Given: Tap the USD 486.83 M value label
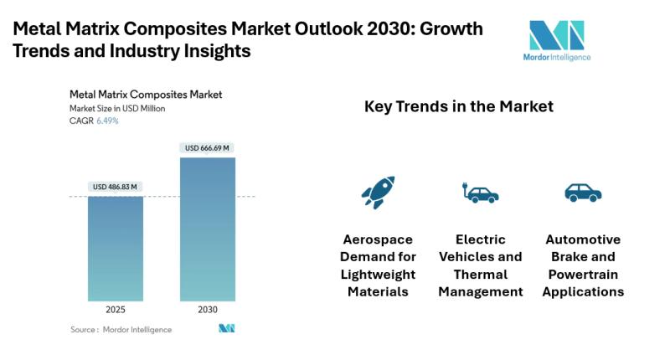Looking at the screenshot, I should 116,186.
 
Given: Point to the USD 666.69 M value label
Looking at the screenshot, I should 207,148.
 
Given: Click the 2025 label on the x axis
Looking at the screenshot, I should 116,310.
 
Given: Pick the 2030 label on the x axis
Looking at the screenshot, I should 207,310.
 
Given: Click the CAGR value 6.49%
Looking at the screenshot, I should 107,121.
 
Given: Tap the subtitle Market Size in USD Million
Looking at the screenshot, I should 117,108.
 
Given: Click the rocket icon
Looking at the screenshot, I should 378,193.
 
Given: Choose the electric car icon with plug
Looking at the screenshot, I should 480,193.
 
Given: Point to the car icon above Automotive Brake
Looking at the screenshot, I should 583,193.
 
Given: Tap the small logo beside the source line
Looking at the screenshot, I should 226,329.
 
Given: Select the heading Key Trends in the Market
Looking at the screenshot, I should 458,107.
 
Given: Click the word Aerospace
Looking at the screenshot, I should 379,239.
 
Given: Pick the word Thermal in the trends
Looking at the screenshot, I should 481,275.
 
